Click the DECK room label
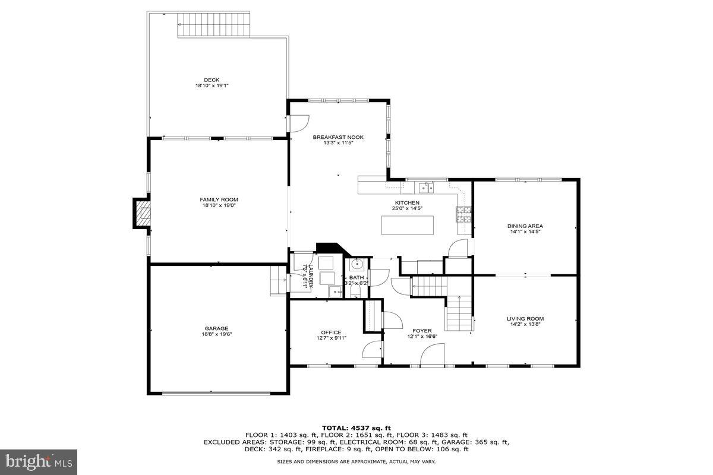tap(212, 80)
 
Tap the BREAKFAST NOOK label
tap(338, 137)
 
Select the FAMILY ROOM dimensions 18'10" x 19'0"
tap(219, 205)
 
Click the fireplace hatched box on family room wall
tap(143, 213)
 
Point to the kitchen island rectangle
tap(407, 225)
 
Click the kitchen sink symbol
tap(425, 188)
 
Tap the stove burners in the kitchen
tap(463, 214)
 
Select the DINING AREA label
tap(525, 226)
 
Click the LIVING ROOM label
tap(525, 318)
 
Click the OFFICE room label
tap(331, 332)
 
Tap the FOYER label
tap(422, 331)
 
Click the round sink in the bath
tap(356, 264)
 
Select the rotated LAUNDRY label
tap(304, 276)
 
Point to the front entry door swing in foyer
tap(432, 356)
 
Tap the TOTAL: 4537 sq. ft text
tap(356, 427)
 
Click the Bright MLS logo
tap(39, 460)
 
